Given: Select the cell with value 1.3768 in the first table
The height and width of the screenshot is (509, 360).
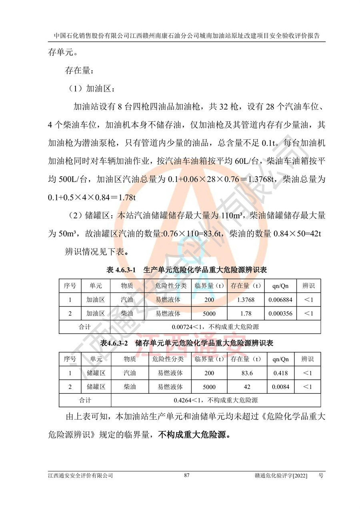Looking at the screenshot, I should click(246, 300).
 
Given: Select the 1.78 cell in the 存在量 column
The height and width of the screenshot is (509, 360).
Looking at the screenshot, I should click(246, 313).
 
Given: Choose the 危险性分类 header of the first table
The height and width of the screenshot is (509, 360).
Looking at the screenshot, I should click(171, 286).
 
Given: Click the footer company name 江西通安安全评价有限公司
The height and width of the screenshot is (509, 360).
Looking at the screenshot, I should click(80, 475).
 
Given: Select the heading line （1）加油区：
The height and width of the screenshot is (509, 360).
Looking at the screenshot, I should click(92, 88).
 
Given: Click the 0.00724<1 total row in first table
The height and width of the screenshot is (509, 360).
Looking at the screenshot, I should click(215, 327).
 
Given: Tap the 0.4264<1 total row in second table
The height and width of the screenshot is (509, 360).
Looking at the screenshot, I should click(215, 400).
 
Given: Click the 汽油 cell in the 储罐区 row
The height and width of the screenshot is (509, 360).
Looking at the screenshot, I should click(130, 373).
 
